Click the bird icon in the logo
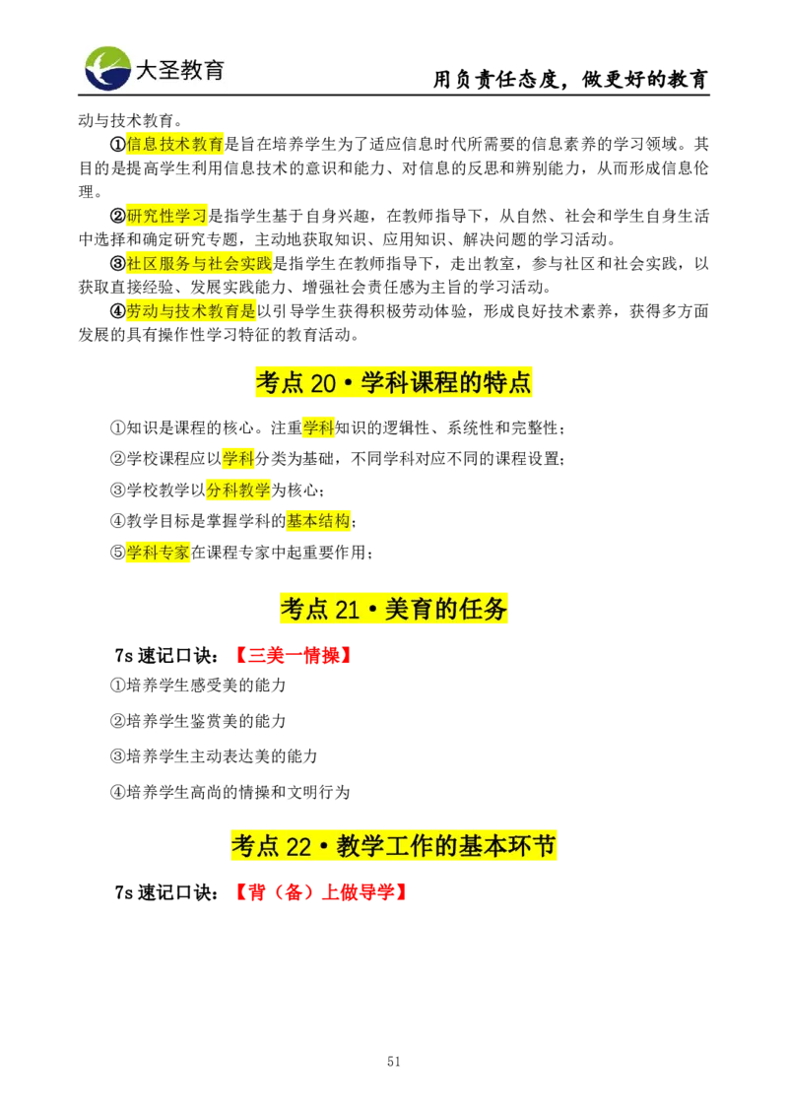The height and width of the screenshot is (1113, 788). [107, 68]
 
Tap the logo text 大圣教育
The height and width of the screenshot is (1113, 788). [179, 70]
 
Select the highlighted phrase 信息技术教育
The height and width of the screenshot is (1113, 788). [175, 144]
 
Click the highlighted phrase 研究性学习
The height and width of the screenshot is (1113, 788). [167, 216]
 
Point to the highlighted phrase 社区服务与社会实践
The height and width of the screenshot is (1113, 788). [199, 263]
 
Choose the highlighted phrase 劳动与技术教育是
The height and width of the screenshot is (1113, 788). [190, 311]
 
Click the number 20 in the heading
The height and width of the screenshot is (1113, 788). [323, 383]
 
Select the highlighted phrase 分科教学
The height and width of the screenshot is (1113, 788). [238, 490]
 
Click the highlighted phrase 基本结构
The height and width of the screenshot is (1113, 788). [318, 520]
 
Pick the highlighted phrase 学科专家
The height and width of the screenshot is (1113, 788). [158, 553]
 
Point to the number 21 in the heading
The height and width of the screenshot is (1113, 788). [347, 611]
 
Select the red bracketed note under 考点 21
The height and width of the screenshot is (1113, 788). [295, 657]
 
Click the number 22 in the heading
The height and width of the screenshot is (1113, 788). [298, 847]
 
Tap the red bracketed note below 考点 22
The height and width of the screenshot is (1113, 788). [322, 894]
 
